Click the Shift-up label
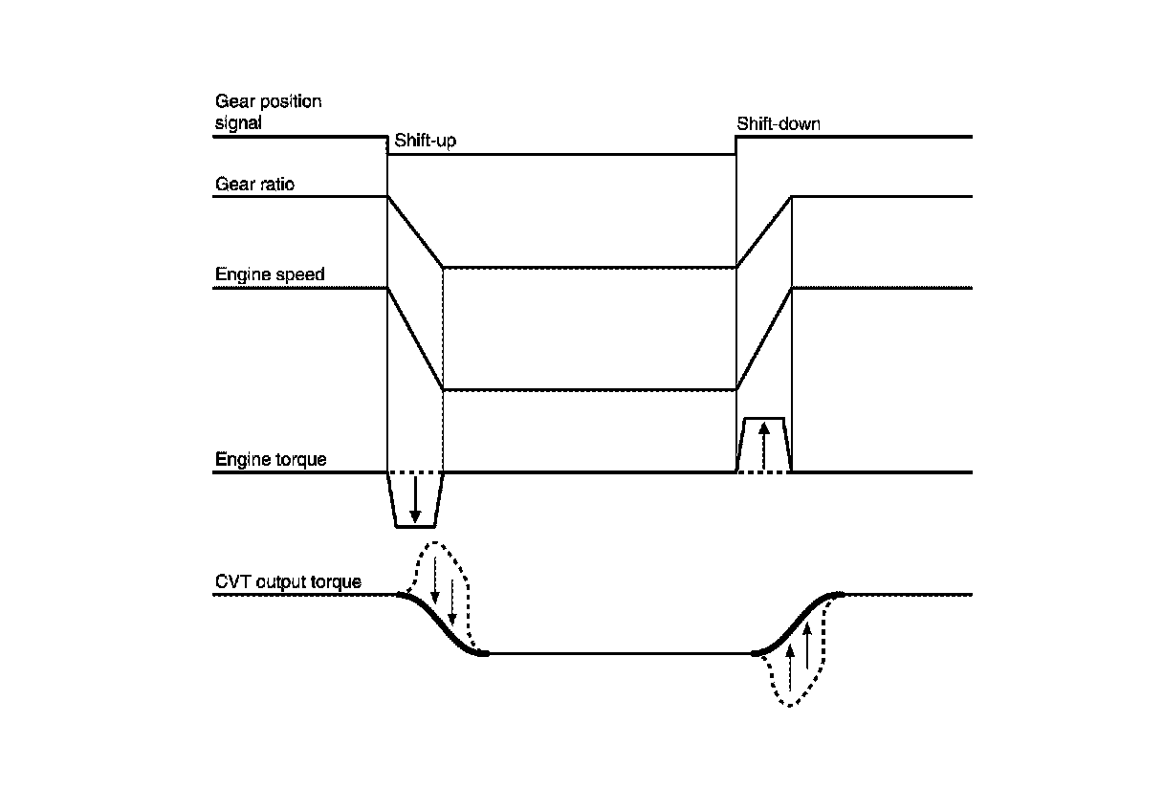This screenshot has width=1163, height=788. click(x=424, y=143)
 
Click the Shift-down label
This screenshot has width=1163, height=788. click(x=778, y=124)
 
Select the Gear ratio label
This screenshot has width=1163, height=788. click(x=254, y=185)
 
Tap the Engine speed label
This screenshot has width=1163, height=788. click(x=270, y=274)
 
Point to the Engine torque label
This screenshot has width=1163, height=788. click(x=271, y=460)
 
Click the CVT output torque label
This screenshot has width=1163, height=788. click(x=288, y=582)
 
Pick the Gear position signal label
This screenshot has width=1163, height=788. click(x=268, y=111)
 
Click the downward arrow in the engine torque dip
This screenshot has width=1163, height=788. click(x=415, y=499)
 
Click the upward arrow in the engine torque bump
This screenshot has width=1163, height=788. click(x=763, y=446)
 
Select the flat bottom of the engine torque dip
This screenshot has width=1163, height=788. click(x=415, y=526)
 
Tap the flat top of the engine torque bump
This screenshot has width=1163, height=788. click(x=763, y=419)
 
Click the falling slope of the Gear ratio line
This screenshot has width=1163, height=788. click(x=415, y=232)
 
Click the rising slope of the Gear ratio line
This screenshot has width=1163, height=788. click(x=763, y=232)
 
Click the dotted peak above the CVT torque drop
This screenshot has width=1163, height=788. click(x=436, y=543)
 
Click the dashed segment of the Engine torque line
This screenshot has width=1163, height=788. click(x=415, y=472)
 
